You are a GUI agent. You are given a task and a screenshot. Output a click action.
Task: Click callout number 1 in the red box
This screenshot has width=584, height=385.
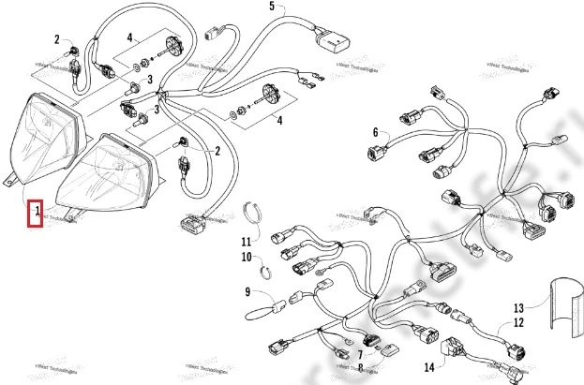(37, 213)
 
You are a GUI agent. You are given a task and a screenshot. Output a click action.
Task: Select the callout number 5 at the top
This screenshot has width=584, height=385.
(272, 7)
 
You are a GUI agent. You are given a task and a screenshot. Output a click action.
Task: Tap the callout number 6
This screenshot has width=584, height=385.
(375, 132)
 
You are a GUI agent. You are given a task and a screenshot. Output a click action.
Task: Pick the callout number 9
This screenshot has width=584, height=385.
(247, 292)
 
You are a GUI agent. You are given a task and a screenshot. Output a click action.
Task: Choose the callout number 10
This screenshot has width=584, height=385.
(247, 256)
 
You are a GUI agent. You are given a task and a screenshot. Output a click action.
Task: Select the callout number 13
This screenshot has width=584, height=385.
(518, 307)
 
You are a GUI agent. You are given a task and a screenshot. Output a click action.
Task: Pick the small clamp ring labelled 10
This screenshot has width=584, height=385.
(266, 273)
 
